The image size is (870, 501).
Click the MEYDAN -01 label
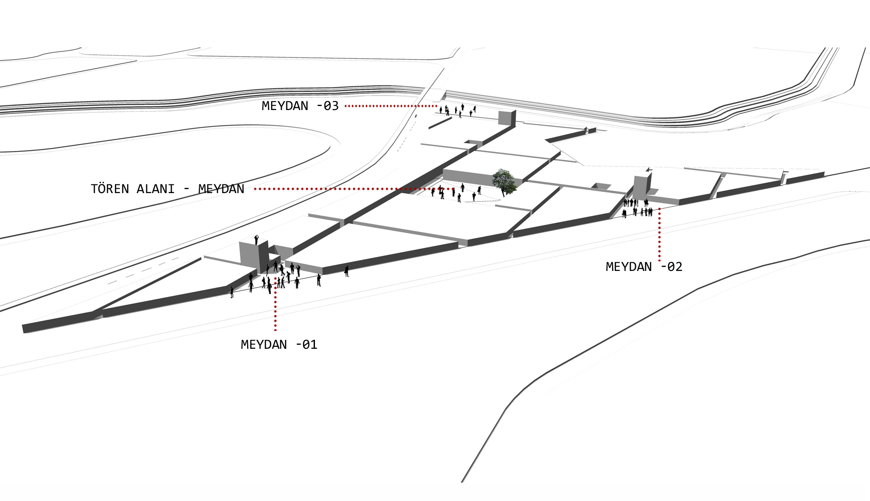(279, 344)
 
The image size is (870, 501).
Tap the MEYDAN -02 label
(644, 267)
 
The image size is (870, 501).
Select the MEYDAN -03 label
(300, 106)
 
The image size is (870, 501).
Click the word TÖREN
(110, 189)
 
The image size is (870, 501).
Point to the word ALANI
(156, 189)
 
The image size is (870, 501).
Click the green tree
(505, 182)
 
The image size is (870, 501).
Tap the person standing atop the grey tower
(256, 239)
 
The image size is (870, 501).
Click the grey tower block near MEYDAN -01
(254, 257)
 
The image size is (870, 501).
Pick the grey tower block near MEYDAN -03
(507, 118)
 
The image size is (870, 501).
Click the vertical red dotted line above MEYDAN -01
(275, 304)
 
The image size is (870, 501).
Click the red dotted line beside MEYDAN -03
(391, 106)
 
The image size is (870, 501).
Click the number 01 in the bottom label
(310, 344)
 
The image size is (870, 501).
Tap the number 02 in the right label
(675, 267)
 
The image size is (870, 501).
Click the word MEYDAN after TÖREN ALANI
(221, 189)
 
